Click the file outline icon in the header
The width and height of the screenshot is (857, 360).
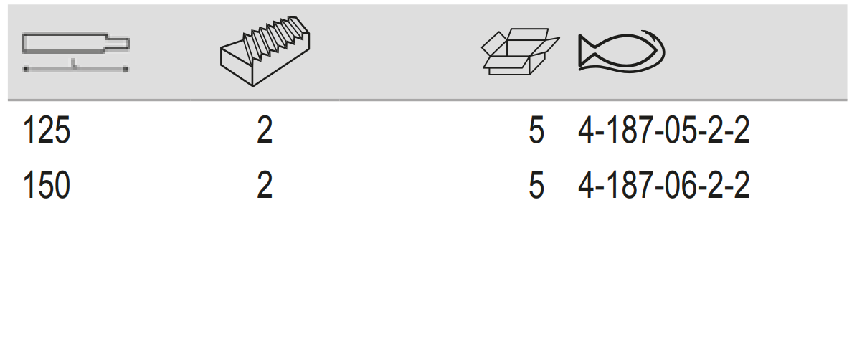(75, 44)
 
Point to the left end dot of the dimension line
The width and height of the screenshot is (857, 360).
(26, 70)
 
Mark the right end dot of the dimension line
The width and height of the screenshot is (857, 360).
(126, 70)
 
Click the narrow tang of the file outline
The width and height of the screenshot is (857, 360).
(118, 44)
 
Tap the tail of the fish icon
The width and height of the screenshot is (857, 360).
(590, 52)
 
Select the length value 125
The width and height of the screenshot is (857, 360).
(47, 133)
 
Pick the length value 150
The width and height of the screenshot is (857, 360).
(47, 186)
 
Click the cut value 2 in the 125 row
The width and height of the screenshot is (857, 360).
(265, 133)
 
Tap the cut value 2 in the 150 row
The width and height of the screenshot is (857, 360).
(265, 186)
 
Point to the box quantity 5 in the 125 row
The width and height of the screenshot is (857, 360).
(536, 133)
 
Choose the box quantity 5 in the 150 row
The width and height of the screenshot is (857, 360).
(536, 186)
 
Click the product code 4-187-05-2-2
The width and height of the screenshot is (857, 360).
(663, 133)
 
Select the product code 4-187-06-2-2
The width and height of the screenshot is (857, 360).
(663, 186)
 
